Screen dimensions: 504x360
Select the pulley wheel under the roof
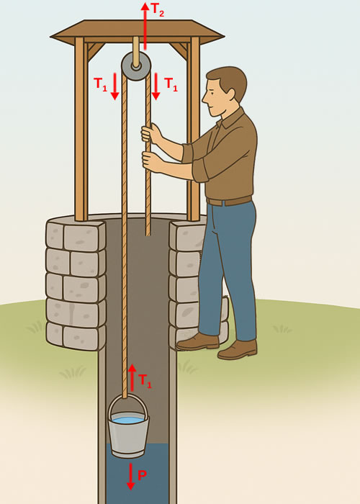135,66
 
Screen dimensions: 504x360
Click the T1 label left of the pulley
101,84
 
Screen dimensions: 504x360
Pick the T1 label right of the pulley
171,84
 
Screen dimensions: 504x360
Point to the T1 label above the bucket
145,380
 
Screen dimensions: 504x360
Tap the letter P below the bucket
142,476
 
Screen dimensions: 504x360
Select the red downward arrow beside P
130,476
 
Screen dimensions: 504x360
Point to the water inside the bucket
128,420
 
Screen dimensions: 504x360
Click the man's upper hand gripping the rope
151,133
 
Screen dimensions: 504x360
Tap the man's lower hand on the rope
152,161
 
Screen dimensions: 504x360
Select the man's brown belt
229,201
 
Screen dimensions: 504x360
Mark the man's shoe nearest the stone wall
198,341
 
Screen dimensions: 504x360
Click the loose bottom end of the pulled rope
148,232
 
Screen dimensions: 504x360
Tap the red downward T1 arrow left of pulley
114,86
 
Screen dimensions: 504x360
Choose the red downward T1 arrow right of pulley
156,86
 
